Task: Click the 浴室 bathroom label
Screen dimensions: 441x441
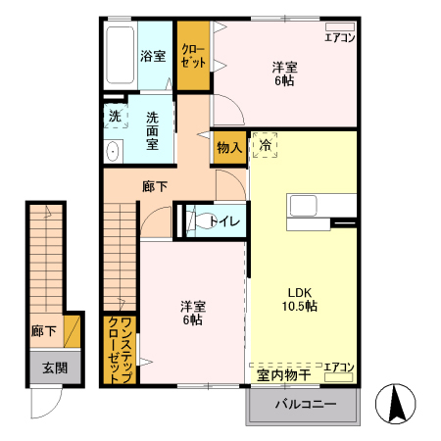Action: pos(152,57)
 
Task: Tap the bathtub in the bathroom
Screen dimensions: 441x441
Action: pos(121,57)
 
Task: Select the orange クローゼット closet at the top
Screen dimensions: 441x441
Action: pos(194,56)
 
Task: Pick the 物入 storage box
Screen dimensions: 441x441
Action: pos(229,147)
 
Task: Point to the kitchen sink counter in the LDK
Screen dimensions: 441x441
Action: pos(320,206)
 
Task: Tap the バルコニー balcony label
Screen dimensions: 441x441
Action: pos(305,404)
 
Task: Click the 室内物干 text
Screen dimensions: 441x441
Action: pos(284,374)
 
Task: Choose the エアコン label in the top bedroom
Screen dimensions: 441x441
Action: pos(340,38)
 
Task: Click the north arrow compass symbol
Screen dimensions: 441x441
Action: pos(398,405)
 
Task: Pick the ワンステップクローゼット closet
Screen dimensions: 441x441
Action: pos(121,349)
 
